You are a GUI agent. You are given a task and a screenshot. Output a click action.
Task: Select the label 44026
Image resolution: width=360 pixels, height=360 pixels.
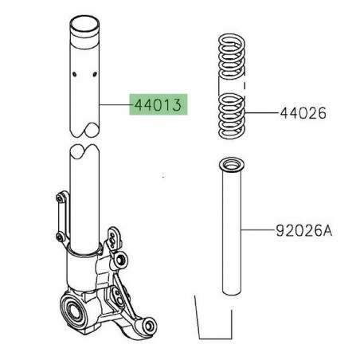tap(303, 114)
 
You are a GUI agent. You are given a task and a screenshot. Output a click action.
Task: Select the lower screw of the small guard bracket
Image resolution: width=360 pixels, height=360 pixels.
tap(57, 236)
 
